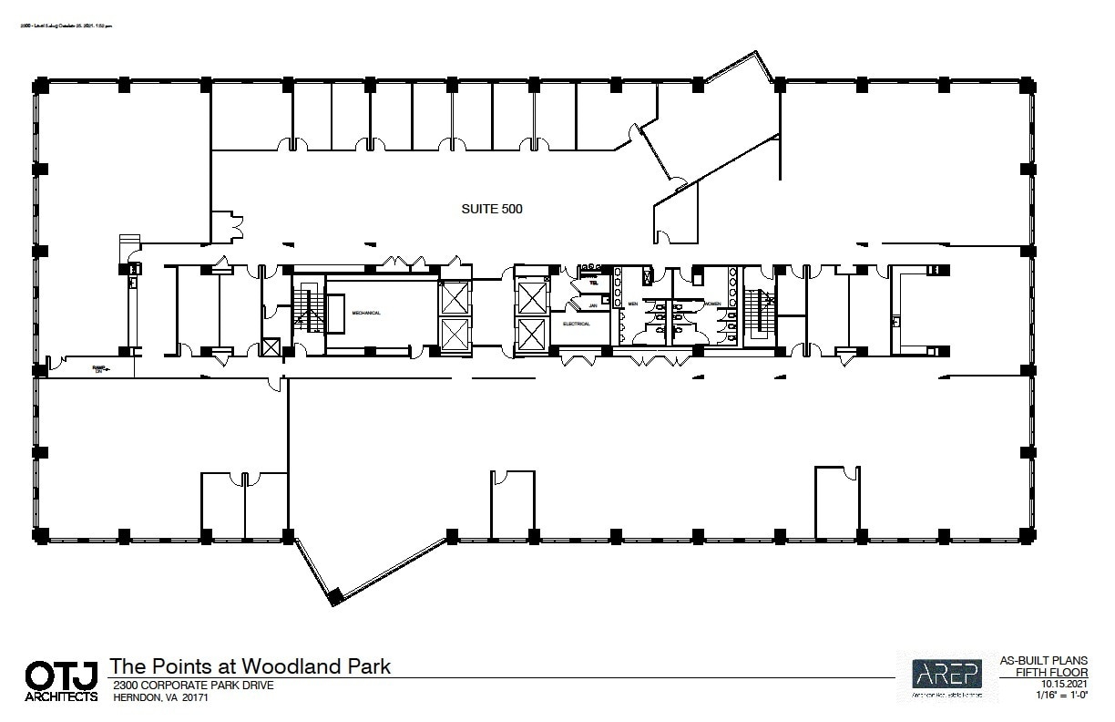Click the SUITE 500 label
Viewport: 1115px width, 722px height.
(492, 209)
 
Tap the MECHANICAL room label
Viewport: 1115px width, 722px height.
(366, 313)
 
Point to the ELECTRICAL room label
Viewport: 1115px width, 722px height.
(577, 324)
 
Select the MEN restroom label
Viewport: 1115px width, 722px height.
(632, 304)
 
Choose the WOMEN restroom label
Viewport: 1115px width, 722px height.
(711, 304)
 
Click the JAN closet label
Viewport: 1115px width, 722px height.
(593, 305)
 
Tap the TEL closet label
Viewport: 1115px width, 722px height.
(592, 283)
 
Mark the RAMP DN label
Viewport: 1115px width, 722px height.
(99, 369)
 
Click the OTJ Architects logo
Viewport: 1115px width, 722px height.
(60, 681)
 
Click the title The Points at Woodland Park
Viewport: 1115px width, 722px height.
(250, 666)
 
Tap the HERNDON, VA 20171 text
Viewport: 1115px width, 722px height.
(158, 697)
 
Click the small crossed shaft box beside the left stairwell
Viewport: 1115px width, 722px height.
(271, 346)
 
